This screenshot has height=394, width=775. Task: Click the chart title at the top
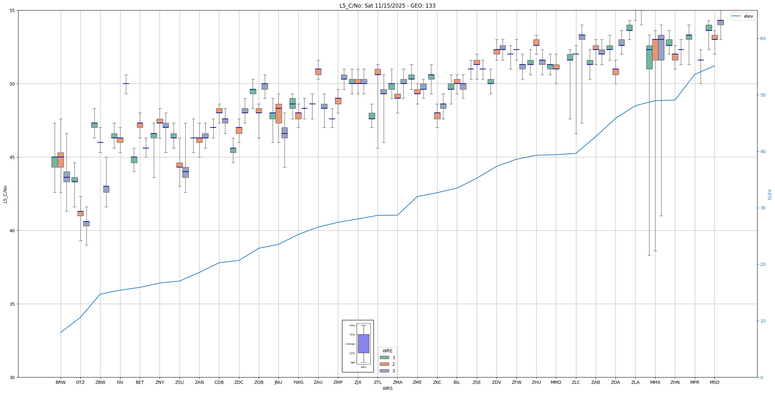pyautogui.click(x=387, y=6)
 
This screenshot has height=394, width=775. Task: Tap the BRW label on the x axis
pyautogui.click(x=60, y=382)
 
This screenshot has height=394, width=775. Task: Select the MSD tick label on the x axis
pyautogui.click(x=715, y=382)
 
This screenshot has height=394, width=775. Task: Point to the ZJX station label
pyautogui.click(x=358, y=382)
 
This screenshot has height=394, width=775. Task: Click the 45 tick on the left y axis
pyautogui.click(x=12, y=157)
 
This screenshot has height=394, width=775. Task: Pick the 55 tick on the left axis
pyautogui.click(x=12, y=10)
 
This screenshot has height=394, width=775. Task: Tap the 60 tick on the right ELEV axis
pyautogui.click(x=762, y=39)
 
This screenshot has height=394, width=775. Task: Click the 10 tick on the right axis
pyautogui.click(x=762, y=321)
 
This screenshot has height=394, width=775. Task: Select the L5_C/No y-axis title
pyautogui.click(x=5, y=194)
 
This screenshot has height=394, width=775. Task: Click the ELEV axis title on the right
pyautogui.click(x=770, y=194)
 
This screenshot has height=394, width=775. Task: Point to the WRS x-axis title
pyautogui.click(x=387, y=388)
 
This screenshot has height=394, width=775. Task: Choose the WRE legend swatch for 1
pyautogui.click(x=384, y=357)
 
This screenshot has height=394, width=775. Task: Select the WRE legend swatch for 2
pyautogui.click(x=384, y=364)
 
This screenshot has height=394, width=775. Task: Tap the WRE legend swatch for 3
pyautogui.click(x=384, y=371)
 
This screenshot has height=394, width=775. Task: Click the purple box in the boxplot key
pyautogui.click(x=363, y=343)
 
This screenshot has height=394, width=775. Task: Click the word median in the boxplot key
pyautogui.click(x=350, y=344)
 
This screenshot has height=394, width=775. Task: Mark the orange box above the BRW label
pyautogui.click(x=60, y=160)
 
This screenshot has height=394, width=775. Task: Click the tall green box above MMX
pyautogui.click(x=649, y=57)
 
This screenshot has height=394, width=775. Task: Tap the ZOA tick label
pyautogui.click(x=615, y=382)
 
